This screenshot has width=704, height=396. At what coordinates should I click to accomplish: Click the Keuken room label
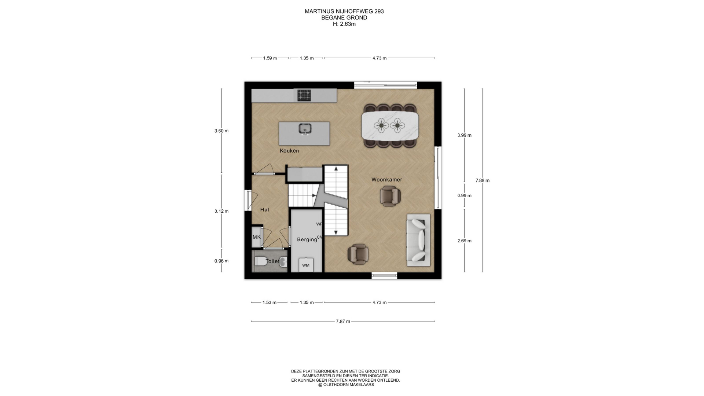tap(289, 151)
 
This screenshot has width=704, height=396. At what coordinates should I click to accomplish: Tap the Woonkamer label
tap(387, 180)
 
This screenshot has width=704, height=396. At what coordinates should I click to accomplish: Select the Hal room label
tap(264, 210)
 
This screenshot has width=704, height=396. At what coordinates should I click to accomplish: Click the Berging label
tap(307, 239)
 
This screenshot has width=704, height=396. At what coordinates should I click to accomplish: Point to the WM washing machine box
tap(306, 265)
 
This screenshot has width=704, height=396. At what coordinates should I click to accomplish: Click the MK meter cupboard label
tap(257, 237)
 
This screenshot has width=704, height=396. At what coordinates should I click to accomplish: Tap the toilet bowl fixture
tap(261, 261)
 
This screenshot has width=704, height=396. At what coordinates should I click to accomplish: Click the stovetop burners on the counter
tap(304, 95)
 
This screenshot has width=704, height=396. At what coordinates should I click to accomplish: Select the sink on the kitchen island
tap(305, 129)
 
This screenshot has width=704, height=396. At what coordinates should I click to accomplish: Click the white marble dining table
tap(390, 125)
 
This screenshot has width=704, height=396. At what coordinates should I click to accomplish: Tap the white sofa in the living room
tap(418, 240)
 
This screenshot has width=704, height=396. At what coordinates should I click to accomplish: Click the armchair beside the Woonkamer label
tap(390, 196)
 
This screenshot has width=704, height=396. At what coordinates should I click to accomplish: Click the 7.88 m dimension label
tap(483, 180)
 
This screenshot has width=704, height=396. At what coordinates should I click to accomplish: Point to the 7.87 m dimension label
tap(343, 322)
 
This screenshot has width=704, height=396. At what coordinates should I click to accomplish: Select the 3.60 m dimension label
tap(221, 131)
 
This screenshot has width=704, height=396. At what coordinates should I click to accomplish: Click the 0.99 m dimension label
tap(465, 196)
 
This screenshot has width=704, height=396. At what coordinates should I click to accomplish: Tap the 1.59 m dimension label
tap(270, 58)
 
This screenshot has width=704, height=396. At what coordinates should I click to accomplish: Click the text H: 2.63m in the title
tap(344, 24)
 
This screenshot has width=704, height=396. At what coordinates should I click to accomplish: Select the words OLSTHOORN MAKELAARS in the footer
tap(349, 385)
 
